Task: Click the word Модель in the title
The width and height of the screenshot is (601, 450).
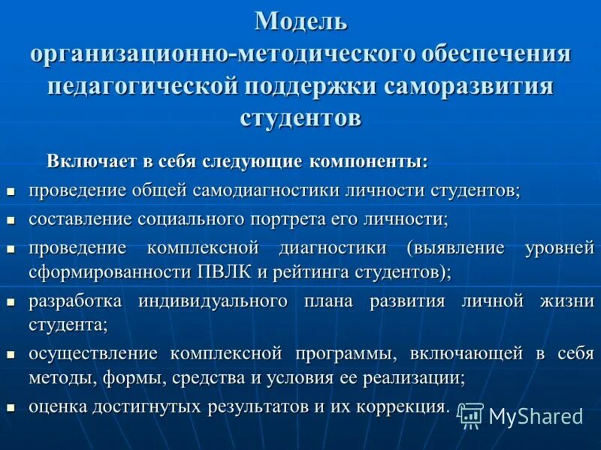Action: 300,21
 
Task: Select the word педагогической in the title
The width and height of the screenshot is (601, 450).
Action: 142,85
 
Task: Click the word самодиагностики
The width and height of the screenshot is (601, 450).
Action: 266,190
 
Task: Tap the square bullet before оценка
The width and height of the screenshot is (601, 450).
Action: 11,408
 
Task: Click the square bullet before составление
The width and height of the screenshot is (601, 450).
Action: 11,220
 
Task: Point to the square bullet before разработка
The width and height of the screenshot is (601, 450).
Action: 11,302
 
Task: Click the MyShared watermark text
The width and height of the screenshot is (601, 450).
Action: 536,416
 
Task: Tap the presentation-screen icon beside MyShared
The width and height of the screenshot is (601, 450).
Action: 470,415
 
